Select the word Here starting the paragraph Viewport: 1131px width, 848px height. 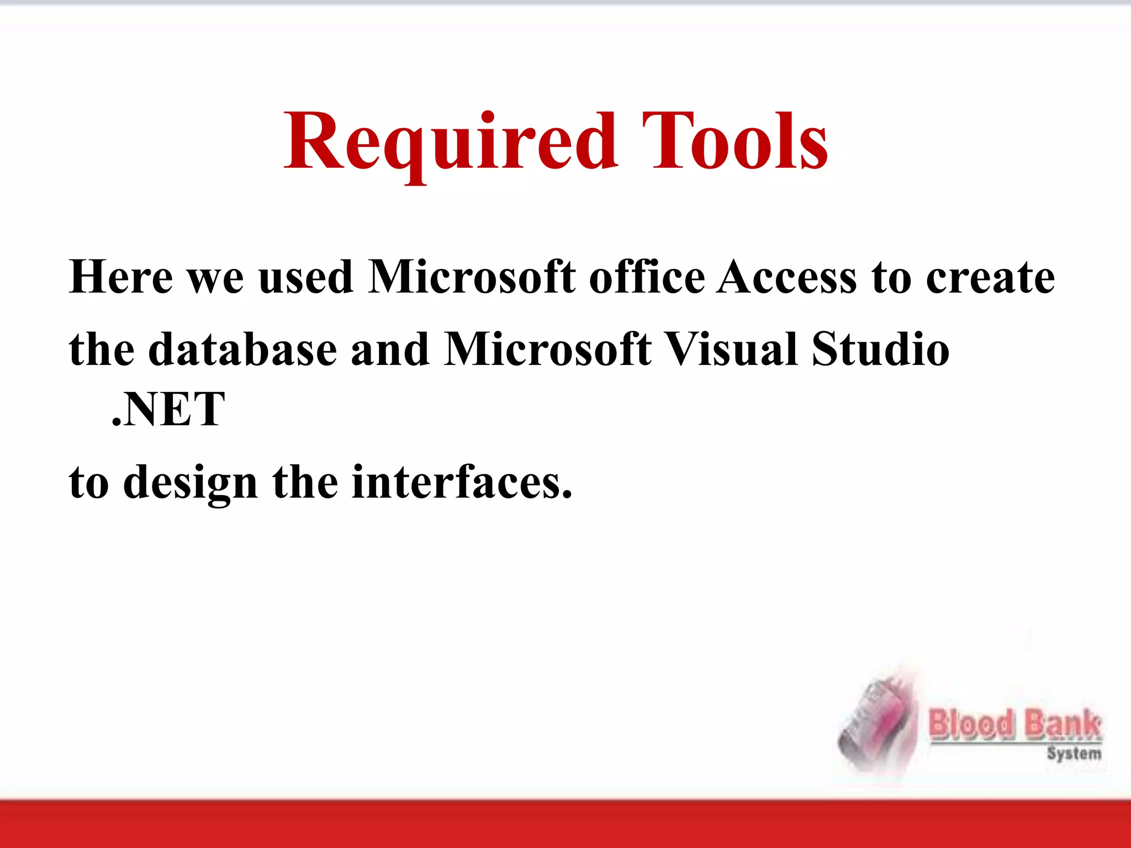pos(121,277)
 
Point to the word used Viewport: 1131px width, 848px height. pos(305,277)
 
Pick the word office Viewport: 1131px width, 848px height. pos(647,277)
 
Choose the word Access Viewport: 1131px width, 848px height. pos(787,277)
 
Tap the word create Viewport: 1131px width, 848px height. pos(990,278)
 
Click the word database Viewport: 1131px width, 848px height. pos(242,349)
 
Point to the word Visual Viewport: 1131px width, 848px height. pos(731,349)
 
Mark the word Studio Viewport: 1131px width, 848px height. pos(880,349)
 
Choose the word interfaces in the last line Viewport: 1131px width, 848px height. pos(462,482)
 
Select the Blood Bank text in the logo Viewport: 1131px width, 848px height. pos(1015,724)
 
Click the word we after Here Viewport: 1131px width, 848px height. pos(215,278)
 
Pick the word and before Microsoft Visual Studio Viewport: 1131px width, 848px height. pos(390,349)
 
